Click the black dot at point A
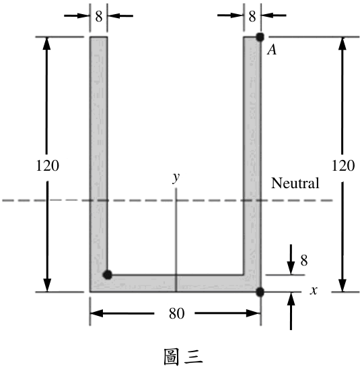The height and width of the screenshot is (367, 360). pyautogui.click(x=260, y=37)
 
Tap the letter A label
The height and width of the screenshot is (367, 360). pyautogui.click(x=272, y=50)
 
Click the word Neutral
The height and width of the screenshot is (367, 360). pyautogui.click(x=295, y=183)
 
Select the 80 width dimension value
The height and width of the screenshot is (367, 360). pyautogui.click(x=177, y=313)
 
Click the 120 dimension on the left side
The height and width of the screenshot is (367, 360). pyautogui.click(x=48, y=166)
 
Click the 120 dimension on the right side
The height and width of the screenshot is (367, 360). pyautogui.click(x=343, y=166)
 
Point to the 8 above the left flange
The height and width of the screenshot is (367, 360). pyautogui.click(x=99, y=16)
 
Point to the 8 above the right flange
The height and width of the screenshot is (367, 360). pyautogui.click(x=252, y=16)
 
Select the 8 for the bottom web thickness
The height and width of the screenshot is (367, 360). pyautogui.click(x=304, y=260)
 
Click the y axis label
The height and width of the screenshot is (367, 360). pyautogui.click(x=176, y=178)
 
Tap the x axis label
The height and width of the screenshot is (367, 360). pyautogui.click(x=314, y=290)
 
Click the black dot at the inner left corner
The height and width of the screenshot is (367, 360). pyautogui.click(x=108, y=274)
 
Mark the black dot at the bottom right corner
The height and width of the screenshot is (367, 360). pyautogui.click(x=260, y=292)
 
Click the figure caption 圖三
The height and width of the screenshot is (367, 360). pyautogui.click(x=183, y=357)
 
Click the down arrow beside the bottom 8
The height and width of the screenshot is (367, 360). pyautogui.click(x=291, y=259)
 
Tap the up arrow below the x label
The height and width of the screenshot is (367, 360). pyautogui.click(x=291, y=311)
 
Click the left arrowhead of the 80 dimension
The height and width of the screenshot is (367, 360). pyautogui.click(x=97, y=313)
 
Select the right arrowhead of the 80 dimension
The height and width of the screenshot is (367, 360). pyautogui.click(x=254, y=313)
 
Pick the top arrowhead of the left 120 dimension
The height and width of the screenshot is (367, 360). pyautogui.click(x=47, y=43)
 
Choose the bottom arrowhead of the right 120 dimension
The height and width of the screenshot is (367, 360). pyautogui.click(x=343, y=286)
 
